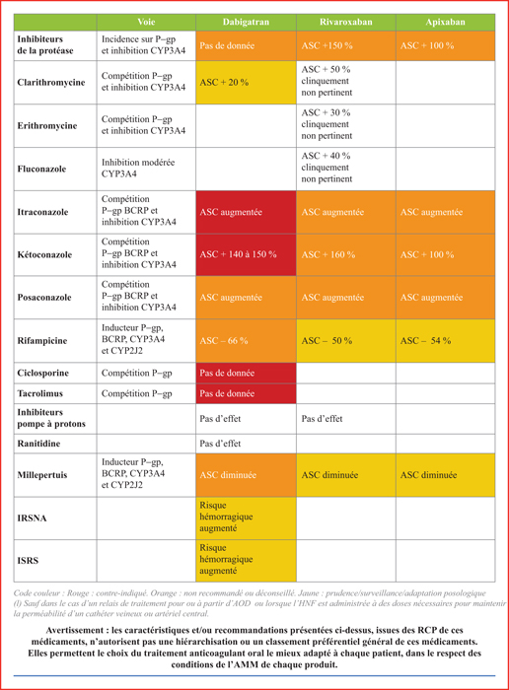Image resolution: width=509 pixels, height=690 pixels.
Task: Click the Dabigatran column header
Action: [x=246, y=22]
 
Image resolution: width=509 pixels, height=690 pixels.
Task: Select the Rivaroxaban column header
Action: [x=345, y=22]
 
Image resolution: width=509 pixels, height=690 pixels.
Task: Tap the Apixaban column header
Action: [x=445, y=22]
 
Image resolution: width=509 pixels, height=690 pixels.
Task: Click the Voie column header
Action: [x=146, y=22]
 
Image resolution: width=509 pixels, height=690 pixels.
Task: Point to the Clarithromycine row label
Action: [x=51, y=82]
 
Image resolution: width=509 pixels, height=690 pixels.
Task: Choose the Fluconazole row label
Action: [x=41, y=169]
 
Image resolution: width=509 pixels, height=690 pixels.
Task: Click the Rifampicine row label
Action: [x=42, y=341]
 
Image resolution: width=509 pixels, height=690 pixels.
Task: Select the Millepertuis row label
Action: [x=42, y=475]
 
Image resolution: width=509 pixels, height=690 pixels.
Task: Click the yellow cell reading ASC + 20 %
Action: [x=246, y=82]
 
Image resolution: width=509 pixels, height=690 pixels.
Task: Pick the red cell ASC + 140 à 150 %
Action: [x=246, y=254]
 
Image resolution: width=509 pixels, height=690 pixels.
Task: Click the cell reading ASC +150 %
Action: [x=346, y=45]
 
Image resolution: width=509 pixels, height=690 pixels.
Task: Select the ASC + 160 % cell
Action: [x=346, y=254]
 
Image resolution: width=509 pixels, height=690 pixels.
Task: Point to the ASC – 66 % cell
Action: [x=246, y=341]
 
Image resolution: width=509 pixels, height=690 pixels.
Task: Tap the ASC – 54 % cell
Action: [x=446, y=341]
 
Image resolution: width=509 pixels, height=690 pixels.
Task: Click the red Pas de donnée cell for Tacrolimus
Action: [x=246, y=393]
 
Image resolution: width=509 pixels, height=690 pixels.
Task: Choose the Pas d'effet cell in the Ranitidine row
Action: [x=246, y=444]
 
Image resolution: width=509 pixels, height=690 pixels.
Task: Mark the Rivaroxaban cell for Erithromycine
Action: [x=346, y=125]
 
